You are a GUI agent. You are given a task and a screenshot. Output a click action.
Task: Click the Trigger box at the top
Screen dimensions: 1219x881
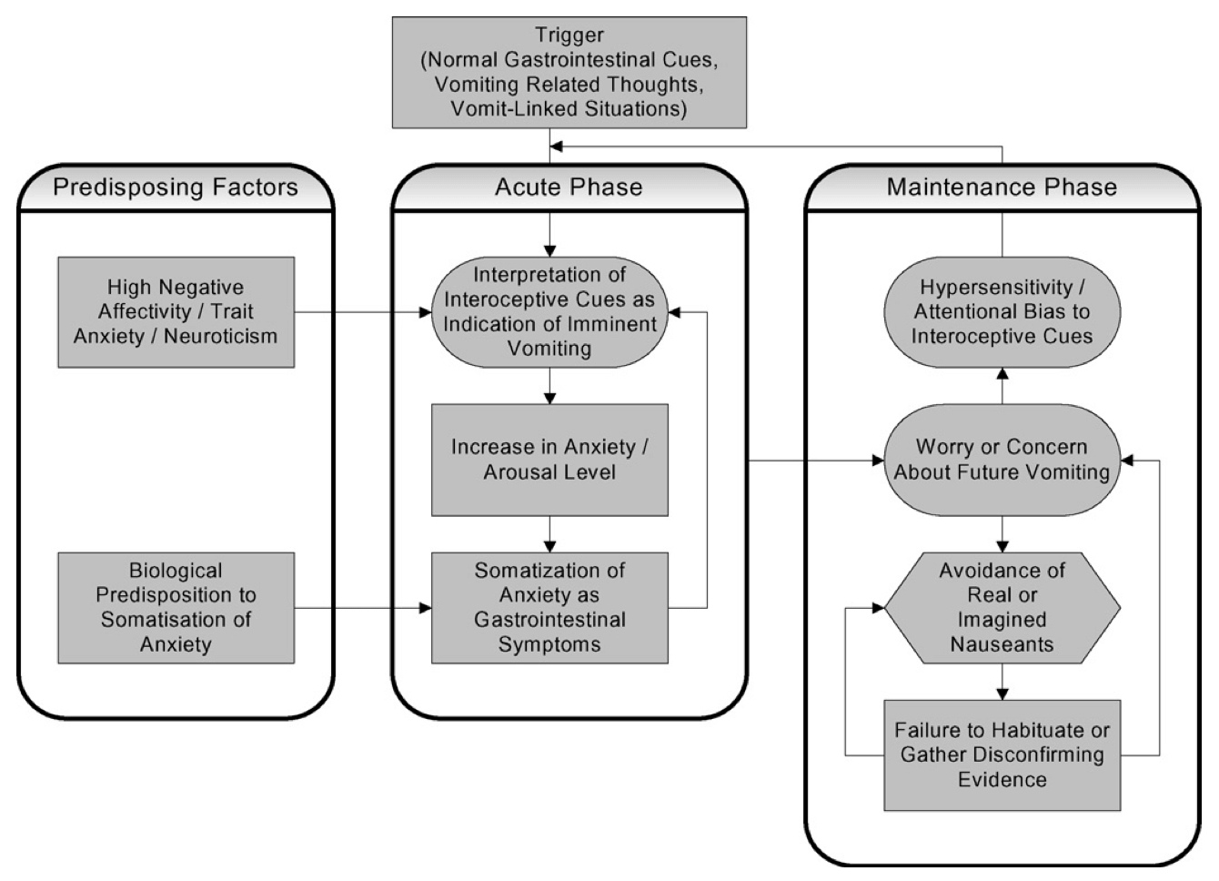coord(569,73)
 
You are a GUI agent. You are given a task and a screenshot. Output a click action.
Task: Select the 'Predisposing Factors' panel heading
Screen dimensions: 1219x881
coord(176,187)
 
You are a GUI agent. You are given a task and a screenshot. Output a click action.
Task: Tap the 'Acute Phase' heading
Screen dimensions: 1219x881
coord(569,187)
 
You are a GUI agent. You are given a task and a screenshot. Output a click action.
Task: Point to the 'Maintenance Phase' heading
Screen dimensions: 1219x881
coord(1002,187)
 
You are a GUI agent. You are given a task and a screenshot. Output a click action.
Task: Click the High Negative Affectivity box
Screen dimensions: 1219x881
coord(176,312)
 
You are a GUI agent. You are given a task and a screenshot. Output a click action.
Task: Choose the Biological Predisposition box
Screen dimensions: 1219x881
coord(176,608)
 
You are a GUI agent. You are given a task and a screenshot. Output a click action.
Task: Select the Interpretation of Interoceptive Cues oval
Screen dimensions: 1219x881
coord(549,312)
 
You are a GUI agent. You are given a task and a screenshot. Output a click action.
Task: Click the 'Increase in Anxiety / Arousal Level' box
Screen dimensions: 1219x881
coord(549,461)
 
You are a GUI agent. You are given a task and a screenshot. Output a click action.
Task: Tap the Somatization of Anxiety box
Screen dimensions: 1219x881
coord(549,608)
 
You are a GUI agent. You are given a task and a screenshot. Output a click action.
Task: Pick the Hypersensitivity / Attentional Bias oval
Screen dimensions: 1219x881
coord(1002,312)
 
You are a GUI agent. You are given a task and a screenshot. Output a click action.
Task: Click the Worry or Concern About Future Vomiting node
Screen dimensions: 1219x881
coord(1002,461)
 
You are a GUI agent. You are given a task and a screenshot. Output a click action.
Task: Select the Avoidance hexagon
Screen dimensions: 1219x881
coord(1002,608)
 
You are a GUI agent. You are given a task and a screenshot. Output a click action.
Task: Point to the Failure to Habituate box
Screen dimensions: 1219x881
coord(1002,755)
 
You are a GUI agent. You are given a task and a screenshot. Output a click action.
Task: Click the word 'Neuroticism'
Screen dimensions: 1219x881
coord(220,337)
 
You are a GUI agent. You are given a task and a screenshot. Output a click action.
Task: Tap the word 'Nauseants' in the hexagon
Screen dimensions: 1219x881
coord(1002,644)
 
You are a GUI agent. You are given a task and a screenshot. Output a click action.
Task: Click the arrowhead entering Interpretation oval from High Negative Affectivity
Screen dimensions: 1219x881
coord(426,312)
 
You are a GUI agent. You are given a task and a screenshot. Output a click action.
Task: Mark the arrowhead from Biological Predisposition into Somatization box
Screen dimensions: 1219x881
coord(426,608)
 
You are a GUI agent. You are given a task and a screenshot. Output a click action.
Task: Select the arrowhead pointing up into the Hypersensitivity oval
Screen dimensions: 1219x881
coord(1002,374)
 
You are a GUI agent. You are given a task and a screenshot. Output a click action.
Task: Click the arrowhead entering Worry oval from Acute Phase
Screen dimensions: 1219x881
coord(878,461)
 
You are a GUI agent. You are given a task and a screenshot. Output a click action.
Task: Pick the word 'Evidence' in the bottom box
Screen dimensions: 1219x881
coord(1002,780)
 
